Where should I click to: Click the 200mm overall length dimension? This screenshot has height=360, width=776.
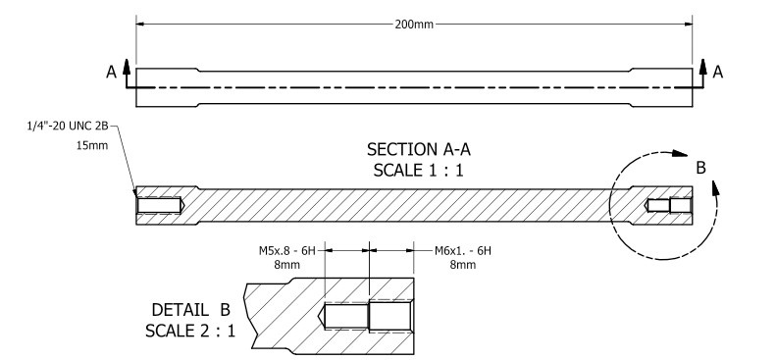click(414, 25)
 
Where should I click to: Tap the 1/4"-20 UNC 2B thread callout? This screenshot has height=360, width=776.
click(68, 127)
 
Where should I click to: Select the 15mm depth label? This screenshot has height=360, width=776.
click(92, 146)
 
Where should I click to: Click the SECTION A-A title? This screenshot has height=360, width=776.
click(419, 149)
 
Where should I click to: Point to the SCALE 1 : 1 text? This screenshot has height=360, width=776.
click(418, 171)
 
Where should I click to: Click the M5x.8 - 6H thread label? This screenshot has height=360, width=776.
click(287, 251)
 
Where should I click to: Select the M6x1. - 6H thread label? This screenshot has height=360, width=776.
click(463, 251)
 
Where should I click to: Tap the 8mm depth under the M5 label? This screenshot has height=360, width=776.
click(287, 265)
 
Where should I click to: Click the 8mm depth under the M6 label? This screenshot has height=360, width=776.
click(463, 265)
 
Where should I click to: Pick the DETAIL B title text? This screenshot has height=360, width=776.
click(191, 310)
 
